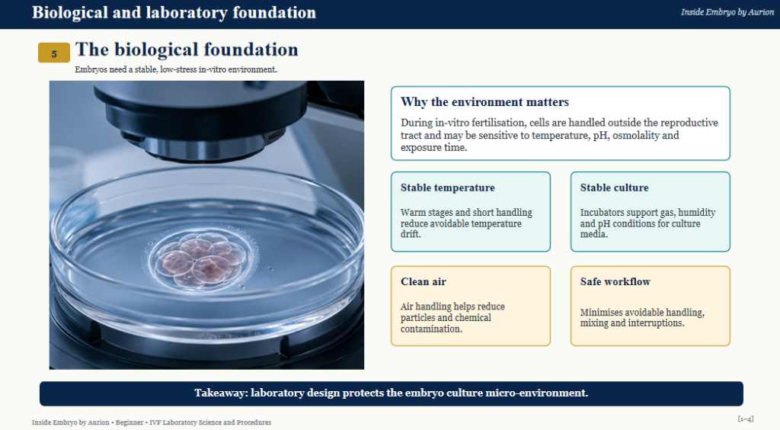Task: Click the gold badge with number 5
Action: tap(54, 53)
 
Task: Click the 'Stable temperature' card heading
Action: tap(448, 188)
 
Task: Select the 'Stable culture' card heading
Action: tap(615, 188)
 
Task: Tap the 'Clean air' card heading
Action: tap(424, 281)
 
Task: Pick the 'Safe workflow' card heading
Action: tap(615, 281)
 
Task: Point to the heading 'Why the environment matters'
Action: tap(484, 102)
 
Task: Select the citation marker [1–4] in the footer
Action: tap(745, 419)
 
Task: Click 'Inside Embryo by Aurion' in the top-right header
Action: tap(727, 12)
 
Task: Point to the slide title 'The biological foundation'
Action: tap(187, 50)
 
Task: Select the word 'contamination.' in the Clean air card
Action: tap(431, 329)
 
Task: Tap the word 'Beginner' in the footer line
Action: tap(129, 422)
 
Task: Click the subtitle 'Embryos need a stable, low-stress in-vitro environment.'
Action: tap(176, 69)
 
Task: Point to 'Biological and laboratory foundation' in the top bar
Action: tap(174, 12)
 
